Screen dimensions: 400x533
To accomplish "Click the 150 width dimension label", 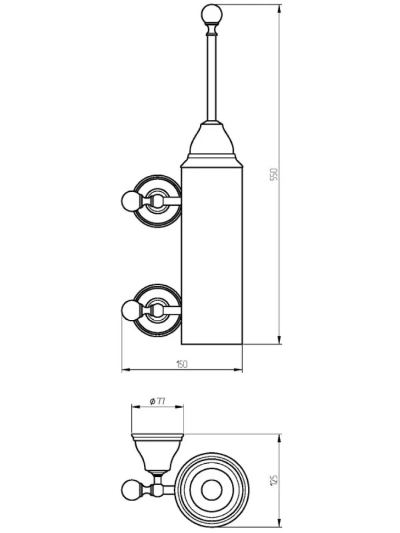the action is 181,364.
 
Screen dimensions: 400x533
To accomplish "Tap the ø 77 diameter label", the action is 158,402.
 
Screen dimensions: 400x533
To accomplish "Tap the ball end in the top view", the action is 130,488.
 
